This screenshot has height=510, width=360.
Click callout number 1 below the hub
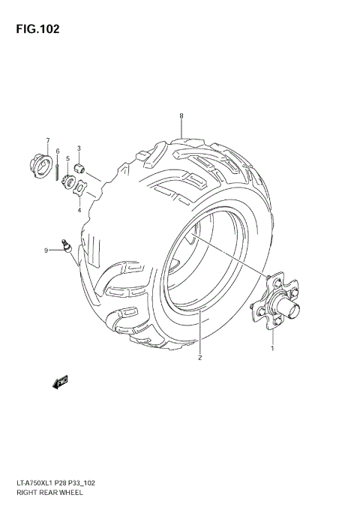[x=272, y=347]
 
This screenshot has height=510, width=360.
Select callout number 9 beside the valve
[x=46, y=250]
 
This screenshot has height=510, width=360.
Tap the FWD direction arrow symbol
[x=59, y=382]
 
